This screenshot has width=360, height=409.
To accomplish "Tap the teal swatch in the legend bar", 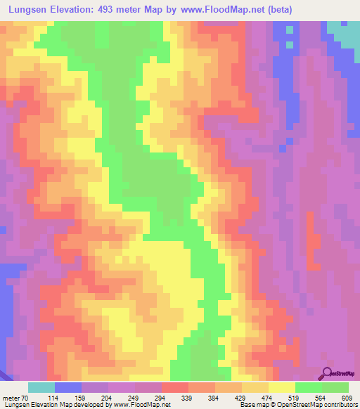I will coord(41,387).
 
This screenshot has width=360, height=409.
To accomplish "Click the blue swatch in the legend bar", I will coord(68,387).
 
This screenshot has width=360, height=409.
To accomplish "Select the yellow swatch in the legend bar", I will coord(282,387).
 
